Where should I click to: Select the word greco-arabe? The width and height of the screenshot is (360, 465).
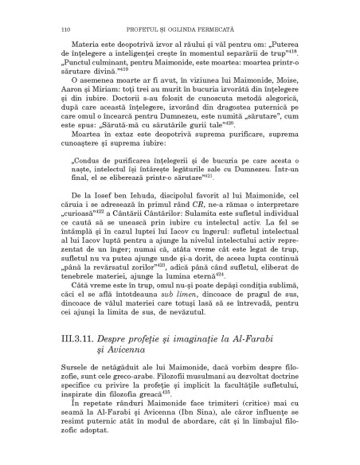click(x=108, y=386)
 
